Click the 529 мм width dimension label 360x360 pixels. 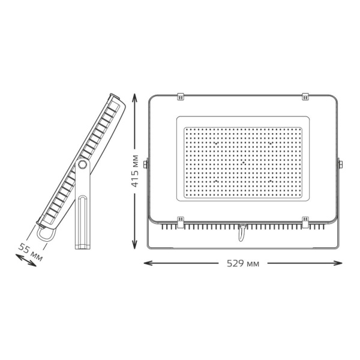[x=243, y=263]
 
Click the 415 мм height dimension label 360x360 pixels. [x=135, y=171]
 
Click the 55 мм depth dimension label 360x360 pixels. [x=31, y=253]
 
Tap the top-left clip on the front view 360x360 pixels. [x=181, y=97]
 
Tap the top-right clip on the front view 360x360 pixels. [x=305, y=97]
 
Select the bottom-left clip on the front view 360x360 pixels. [x=181, y=222]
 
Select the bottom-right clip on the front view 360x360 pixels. [x=305, y=222]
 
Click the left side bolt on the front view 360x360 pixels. [x=146, y=164]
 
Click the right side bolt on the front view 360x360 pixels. [x=340, y=164]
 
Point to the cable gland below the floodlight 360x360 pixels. [x=242, y=232]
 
